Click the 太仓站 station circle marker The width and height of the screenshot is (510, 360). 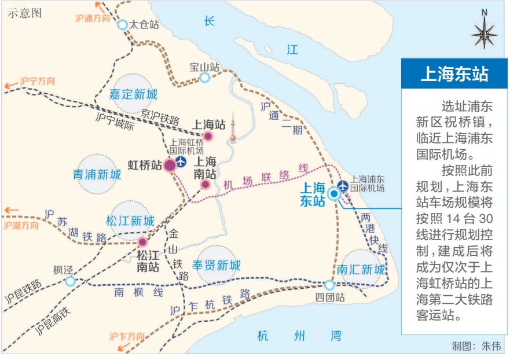[x=123, y=24]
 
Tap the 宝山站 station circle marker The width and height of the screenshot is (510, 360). [x=204, y=78]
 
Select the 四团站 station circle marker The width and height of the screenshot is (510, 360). [x=329, y=285]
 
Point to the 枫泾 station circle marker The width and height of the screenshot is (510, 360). [x=69, y=281]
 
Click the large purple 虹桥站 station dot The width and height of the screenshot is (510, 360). [x=170, y=165]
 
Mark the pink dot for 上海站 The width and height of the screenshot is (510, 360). [x=208, y=136]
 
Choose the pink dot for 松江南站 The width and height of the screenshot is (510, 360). [x=142, y=242]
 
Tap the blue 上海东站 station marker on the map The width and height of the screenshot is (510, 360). [x=334, y=194]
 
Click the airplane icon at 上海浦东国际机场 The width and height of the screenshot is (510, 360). [x=343, y=185]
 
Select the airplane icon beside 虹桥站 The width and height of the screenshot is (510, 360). [x=182, y=161]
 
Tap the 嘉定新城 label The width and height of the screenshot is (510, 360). [x=133, y=94]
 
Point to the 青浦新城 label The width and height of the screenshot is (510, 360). [x=97, y=174]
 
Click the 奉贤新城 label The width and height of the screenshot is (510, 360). [x=216, y=266]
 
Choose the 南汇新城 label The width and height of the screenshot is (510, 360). [x=361, y=270]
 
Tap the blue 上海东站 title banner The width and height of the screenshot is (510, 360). [x=454, y=74]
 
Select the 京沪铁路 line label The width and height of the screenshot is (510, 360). [x=160, y=116]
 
